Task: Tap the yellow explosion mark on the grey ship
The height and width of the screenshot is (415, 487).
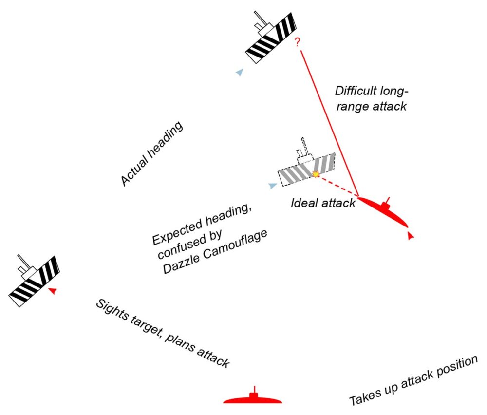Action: [316, 173]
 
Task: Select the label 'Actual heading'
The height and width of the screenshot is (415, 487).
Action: [151, 154]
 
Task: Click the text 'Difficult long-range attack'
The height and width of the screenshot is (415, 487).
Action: [371, 98]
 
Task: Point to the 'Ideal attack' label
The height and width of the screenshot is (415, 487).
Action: [323, 203]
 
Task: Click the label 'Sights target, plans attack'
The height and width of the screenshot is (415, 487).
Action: [162, 334]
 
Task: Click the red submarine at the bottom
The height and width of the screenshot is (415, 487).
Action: [253, 399]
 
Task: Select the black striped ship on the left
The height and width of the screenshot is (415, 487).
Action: [34, 281]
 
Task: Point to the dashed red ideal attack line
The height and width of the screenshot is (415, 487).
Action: [338, 186]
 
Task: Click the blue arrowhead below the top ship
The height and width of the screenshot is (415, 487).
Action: [239, 73]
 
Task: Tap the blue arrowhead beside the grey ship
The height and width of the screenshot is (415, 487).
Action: [272, 186]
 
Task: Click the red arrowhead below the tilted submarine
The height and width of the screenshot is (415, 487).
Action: [411, 236]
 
